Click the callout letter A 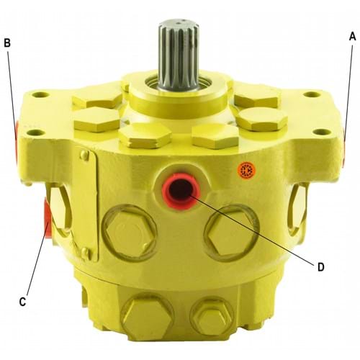(352, 37)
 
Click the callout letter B (7, 43)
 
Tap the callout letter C (22, 302)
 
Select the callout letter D (321, 267)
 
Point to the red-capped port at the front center (181, 191)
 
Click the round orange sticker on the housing (246, 170)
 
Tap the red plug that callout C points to (48, 217)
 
